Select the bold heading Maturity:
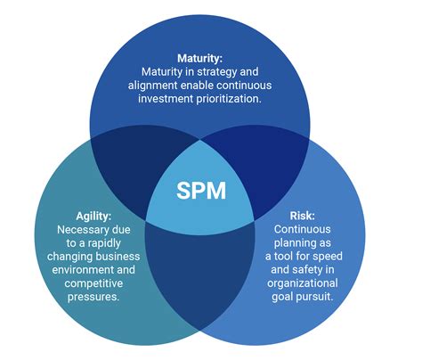coord(211,57)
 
